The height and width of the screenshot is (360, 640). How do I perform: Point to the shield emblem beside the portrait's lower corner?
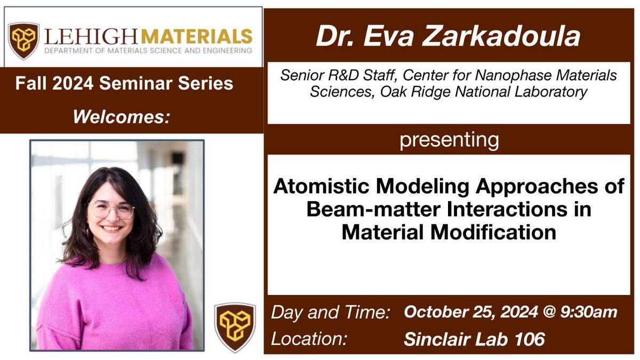tap(235, 327)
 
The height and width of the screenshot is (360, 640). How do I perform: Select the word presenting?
tap(449, 140)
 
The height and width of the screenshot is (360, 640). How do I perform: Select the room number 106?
tap(534, 338)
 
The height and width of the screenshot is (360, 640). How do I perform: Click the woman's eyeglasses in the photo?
tap(111, 210)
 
